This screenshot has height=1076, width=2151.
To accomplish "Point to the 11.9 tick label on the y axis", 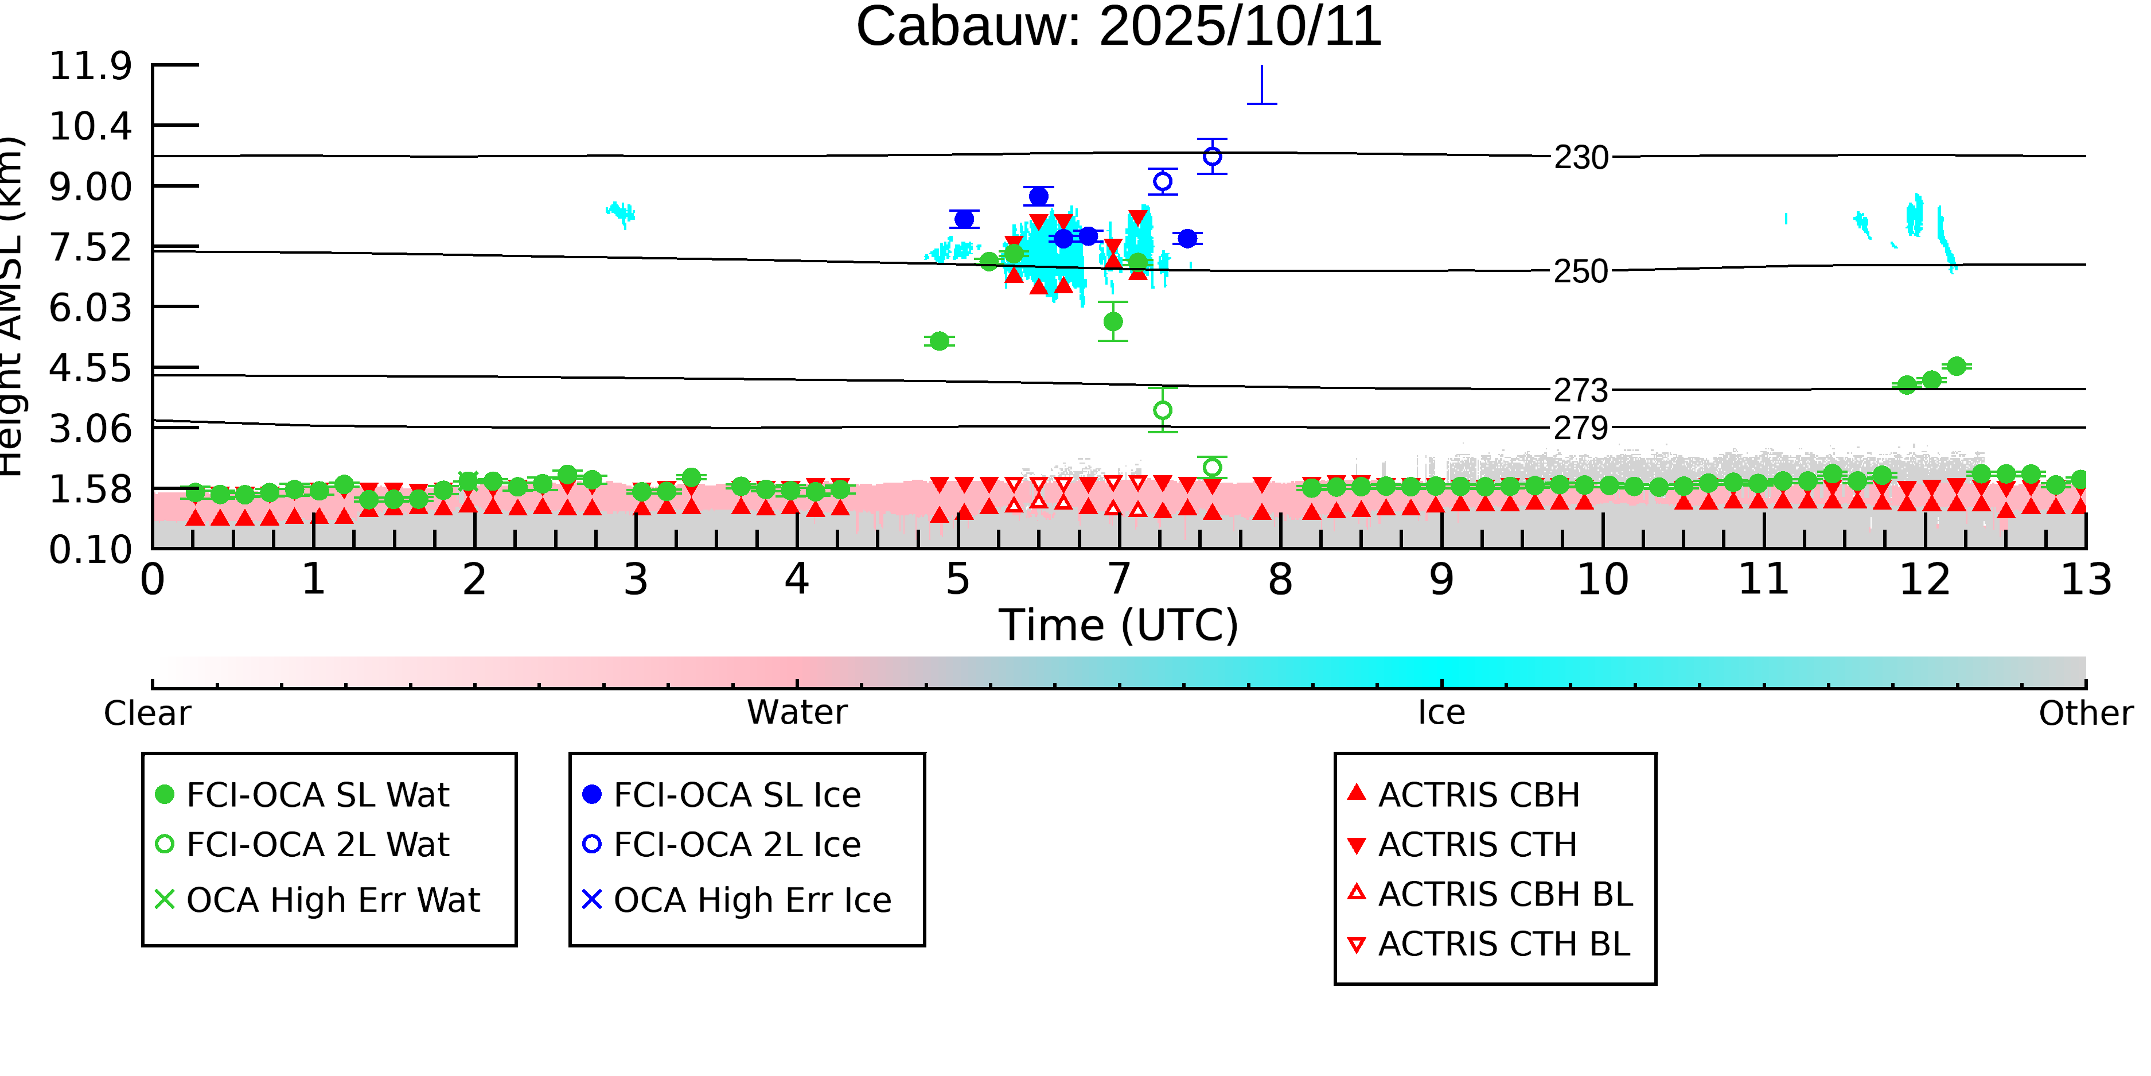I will (90, 66).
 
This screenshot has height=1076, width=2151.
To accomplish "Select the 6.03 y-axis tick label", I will (90, 308).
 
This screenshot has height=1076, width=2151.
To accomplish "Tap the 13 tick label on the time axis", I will (2086, 580).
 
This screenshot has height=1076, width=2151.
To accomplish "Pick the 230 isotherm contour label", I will (1581, 157).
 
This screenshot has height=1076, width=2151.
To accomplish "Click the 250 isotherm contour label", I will (1581, 271).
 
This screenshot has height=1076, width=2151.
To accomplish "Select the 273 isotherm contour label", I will (1581, 390).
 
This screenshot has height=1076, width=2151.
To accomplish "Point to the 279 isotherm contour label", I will (1581, 428).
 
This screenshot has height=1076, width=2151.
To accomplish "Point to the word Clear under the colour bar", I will (147, 713).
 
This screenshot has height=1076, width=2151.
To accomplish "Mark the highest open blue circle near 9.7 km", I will (1213, 156).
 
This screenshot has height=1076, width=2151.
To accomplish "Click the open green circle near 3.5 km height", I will (1162, 410).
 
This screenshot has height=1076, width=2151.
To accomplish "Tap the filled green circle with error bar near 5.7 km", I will (1113, 321).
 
